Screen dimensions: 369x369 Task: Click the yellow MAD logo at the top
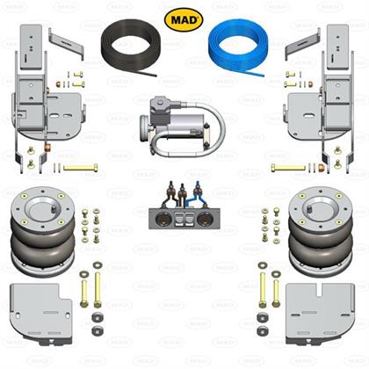point(184,19)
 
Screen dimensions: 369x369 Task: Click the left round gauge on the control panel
point(162,219)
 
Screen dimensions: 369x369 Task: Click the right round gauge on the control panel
point(203,219)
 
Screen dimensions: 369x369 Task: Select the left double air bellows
point(43,232)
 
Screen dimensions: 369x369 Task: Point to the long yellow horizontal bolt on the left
point(80,168)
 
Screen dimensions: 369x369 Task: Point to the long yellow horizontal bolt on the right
point(288,168)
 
